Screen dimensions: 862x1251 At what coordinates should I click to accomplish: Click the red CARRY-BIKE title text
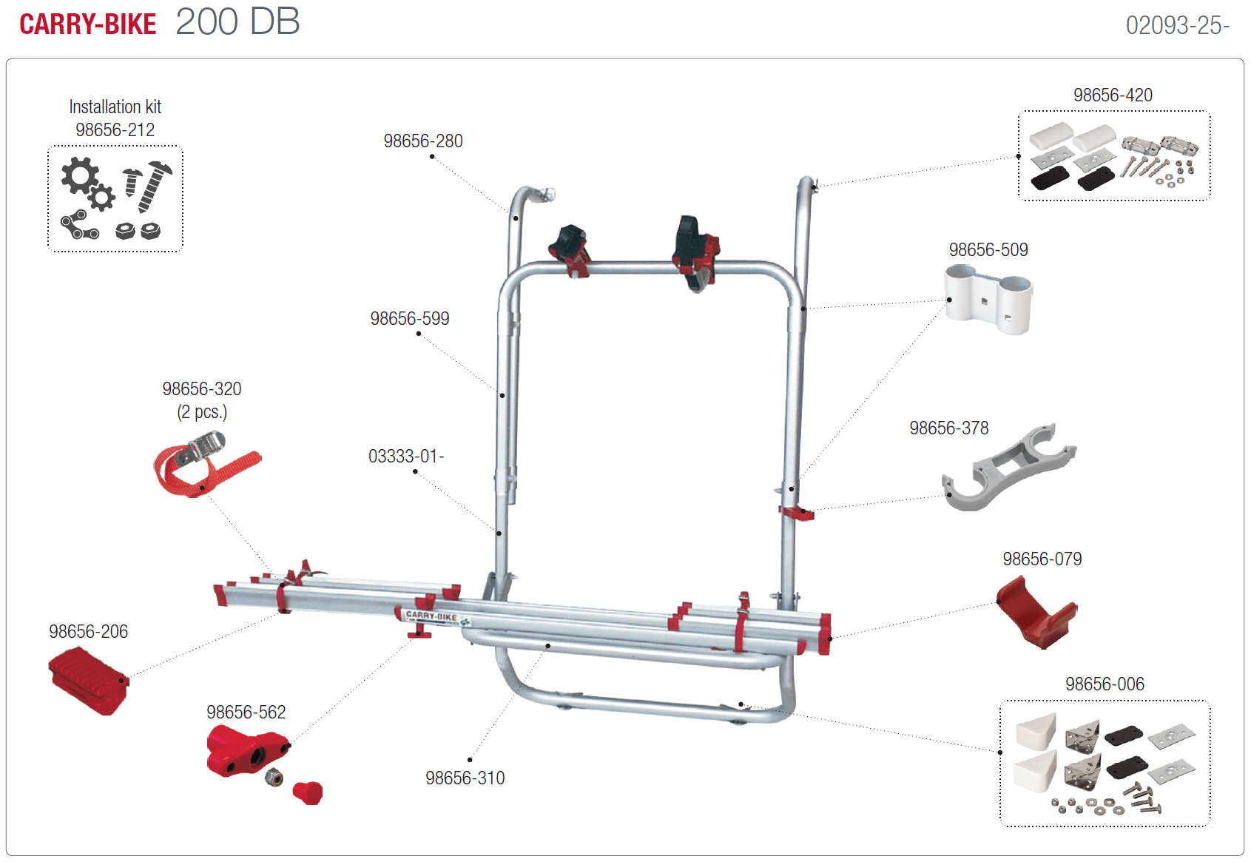[87, 24]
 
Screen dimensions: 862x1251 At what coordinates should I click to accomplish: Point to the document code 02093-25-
[1177, 26]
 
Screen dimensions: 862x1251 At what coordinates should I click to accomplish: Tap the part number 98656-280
[422, 141]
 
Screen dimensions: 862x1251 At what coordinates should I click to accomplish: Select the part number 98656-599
[409, 319]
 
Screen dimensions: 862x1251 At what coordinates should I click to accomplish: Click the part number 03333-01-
[406, 457]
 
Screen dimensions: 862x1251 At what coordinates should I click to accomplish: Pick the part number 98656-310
[465, 778]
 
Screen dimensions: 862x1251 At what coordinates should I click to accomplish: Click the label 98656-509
[988, 250]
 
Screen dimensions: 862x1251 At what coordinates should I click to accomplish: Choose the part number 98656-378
[948, 428]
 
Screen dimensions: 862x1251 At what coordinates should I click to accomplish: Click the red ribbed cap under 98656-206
[88, 680]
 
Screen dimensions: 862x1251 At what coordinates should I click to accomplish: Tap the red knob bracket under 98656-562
[246, 750]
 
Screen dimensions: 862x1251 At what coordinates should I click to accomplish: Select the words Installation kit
[115, 107]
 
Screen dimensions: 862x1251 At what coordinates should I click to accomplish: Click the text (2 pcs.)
[201, 412]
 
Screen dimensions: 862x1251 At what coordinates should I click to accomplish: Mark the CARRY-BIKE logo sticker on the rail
[433, 616]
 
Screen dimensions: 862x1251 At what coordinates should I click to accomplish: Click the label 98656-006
[1104, 684]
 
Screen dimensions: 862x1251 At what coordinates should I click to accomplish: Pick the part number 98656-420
[1113, 95]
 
